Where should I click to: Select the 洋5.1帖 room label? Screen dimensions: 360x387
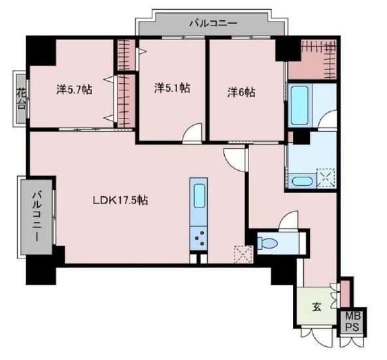pyautogui.click(x=173, y=88)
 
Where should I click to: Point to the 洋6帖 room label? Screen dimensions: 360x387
pyautogui.click(x=241, y=92)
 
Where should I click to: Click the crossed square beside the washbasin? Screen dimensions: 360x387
pyautogui.click(x=325, y=178)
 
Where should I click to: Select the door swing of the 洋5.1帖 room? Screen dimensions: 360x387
pyautogui.click(x=192, y=133)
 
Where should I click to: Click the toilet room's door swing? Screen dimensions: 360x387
pyautogui.click(x=288, y=221)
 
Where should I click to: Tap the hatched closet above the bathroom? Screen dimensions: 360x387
pyautogui.click(x=313, y=59)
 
